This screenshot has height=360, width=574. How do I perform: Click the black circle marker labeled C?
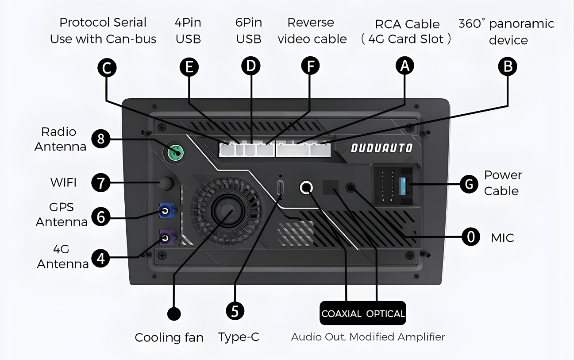pos(107,67)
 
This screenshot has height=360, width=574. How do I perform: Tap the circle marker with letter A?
pos(404,66)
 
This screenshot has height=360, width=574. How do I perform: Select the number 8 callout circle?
pos(101,139)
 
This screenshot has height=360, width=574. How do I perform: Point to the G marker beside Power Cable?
pos(470,183)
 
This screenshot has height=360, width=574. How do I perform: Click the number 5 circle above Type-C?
pos(235,310)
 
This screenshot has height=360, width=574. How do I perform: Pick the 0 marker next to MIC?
pos(471,237)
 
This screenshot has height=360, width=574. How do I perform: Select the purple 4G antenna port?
pos(166,239)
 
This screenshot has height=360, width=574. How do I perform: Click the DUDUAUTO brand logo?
pos(381,148)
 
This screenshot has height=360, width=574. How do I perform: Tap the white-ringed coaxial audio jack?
pos(306,188)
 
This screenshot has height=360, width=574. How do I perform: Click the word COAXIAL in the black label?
pos(342,314)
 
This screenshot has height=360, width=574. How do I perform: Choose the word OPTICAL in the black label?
pos(385,314)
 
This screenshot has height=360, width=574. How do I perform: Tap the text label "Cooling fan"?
pos(169,337)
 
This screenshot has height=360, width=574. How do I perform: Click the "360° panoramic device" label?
pos(507,31)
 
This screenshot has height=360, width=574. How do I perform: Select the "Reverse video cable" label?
pos(311,31)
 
